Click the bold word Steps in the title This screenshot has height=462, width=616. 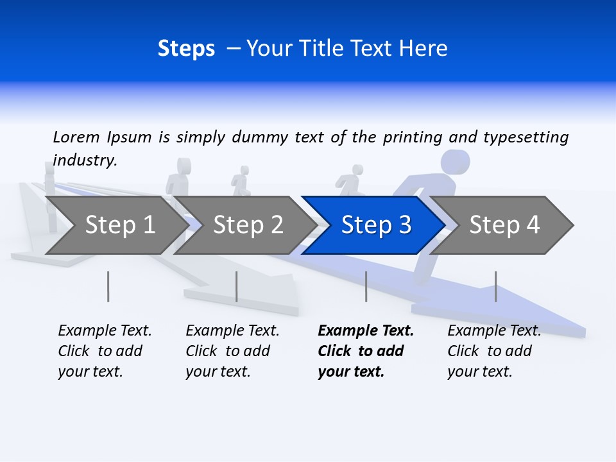[186, 49]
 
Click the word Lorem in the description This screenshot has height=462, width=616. [76, 137]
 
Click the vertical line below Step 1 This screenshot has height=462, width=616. [108, 286]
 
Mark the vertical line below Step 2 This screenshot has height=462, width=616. [237, 286]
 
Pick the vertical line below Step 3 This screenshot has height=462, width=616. [366, 286]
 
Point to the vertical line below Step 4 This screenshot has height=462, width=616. [495, 286]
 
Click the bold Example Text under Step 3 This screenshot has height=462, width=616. [366, 331]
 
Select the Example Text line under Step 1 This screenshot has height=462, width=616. [105, 331]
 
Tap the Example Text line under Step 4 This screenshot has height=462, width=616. [494, 331]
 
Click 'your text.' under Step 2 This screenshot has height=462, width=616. [218, 372]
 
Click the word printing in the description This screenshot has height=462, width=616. [413, 137]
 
